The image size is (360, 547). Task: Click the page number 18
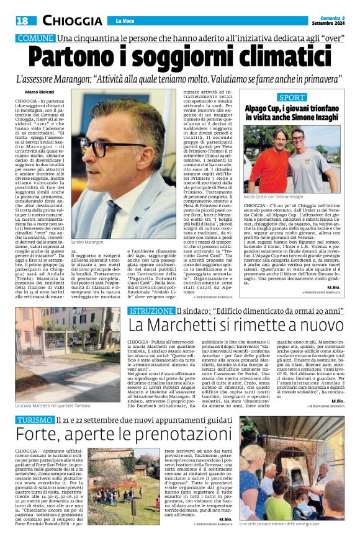22,20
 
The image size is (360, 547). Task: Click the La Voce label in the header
124,21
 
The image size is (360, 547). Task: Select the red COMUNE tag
35,38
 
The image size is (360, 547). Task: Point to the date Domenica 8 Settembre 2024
329,21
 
